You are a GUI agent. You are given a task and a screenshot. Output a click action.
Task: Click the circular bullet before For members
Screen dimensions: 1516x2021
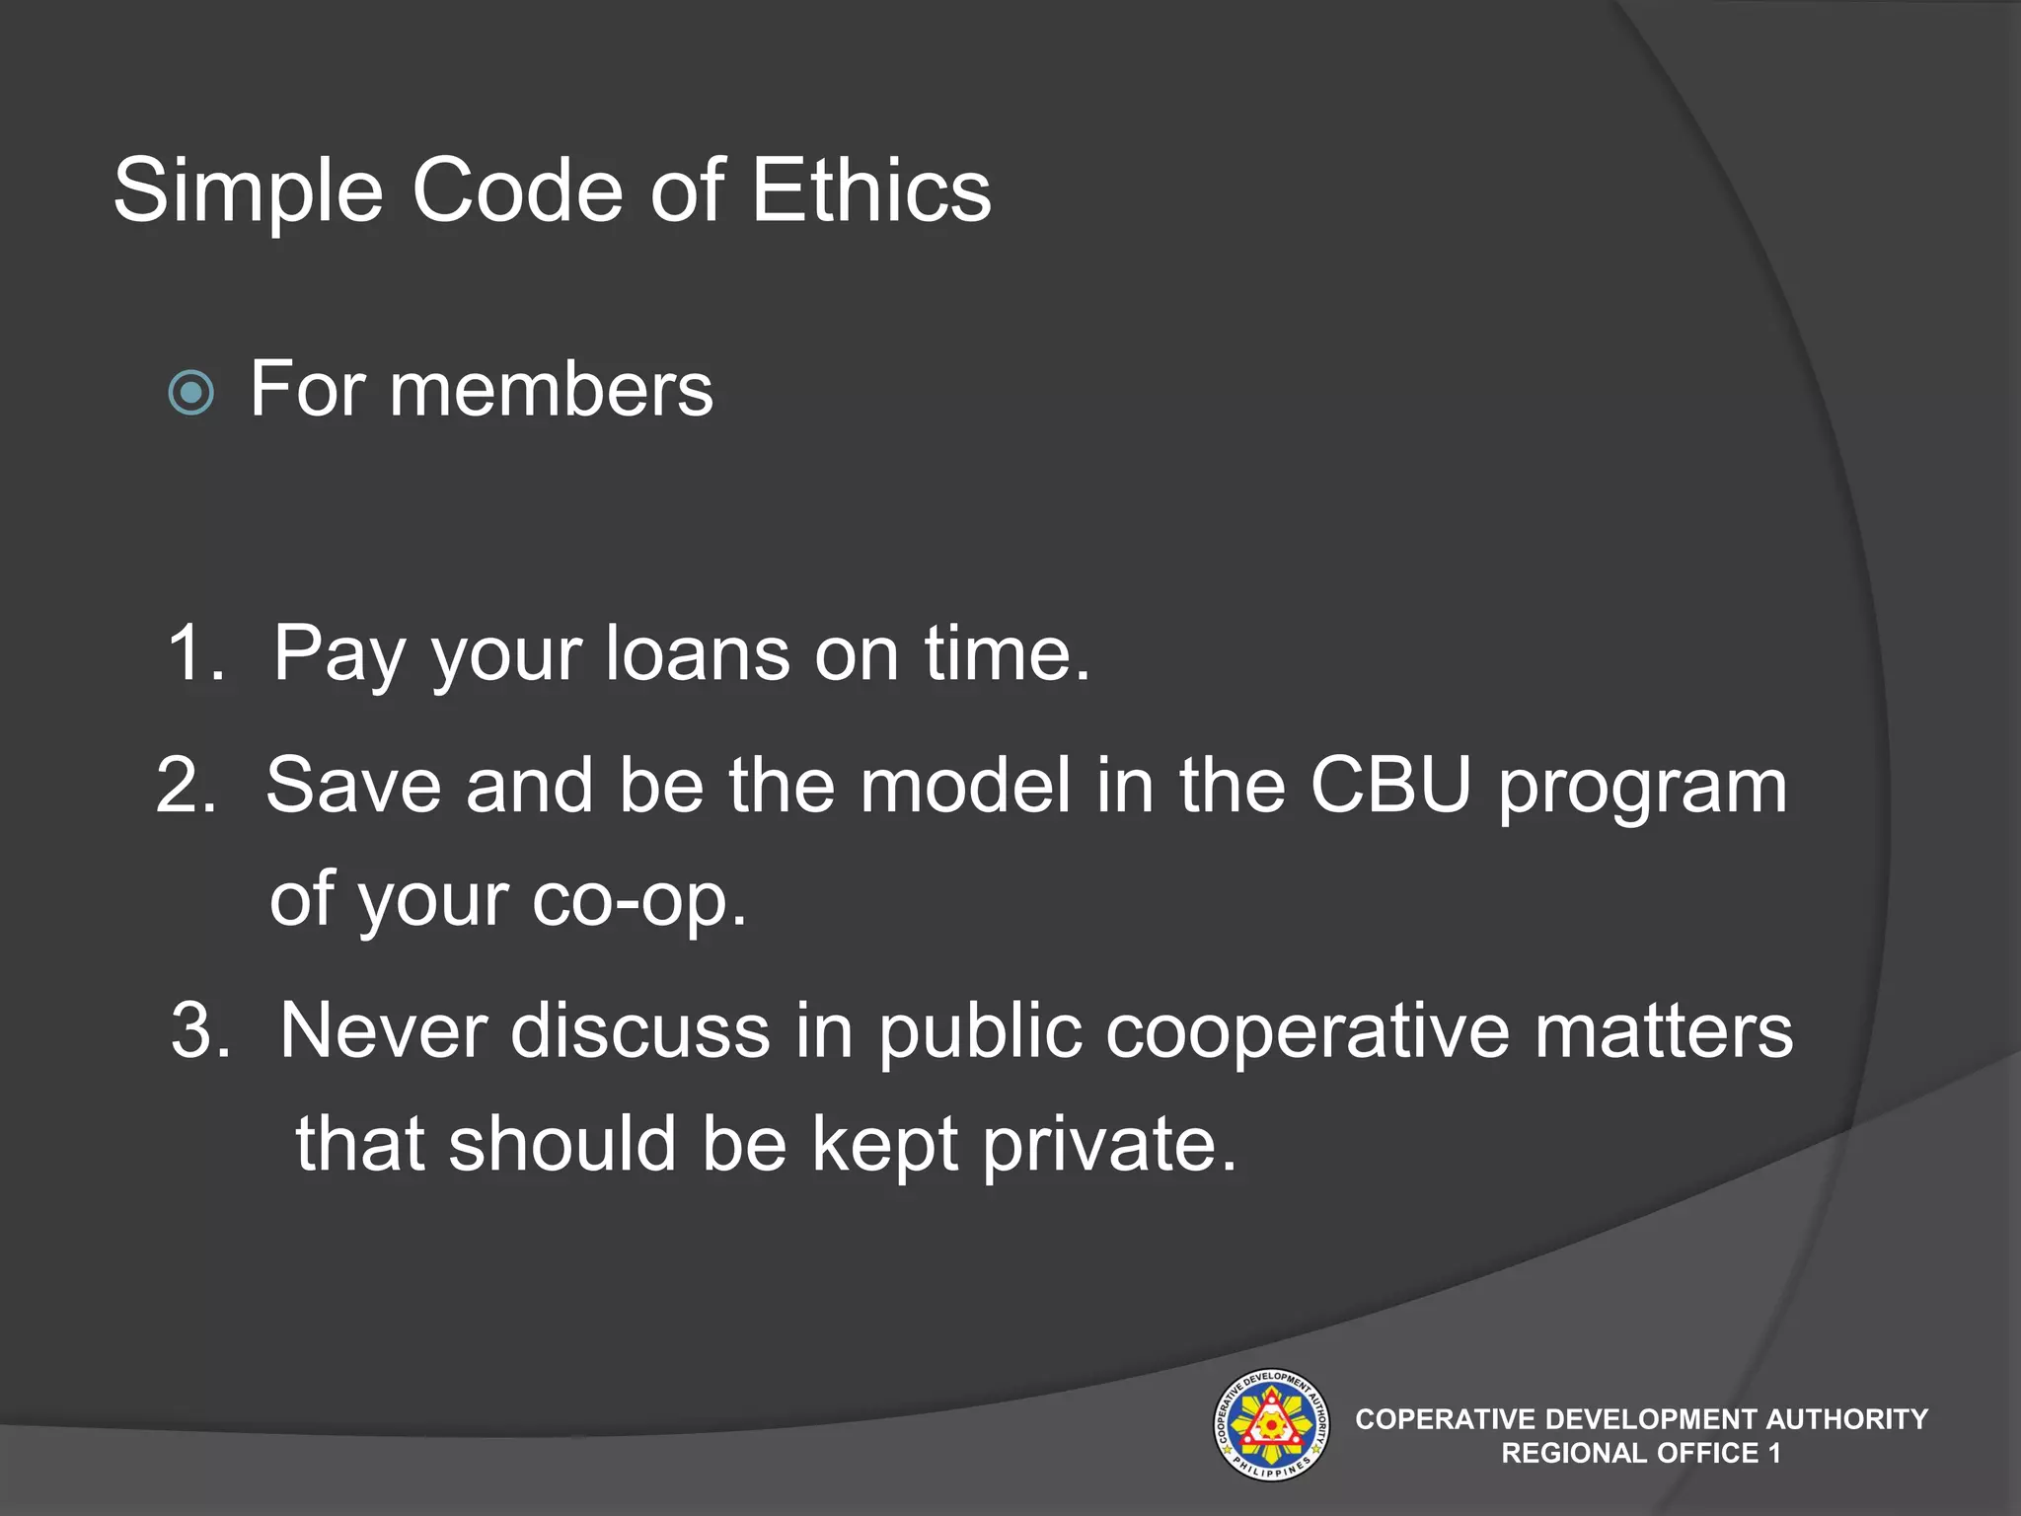point(191,393)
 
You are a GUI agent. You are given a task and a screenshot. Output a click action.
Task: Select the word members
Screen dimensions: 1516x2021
point(551,390)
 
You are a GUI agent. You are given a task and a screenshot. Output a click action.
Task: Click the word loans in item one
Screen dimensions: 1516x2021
point(697,652)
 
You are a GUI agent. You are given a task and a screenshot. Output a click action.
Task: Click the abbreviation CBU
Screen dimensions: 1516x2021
point(1390,786)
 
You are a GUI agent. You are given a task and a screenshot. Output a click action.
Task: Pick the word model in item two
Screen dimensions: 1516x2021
point(964,786)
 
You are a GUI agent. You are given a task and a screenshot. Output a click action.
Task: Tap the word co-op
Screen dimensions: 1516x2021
point(636,900)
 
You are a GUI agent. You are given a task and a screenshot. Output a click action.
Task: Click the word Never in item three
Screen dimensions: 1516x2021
point(384,1030)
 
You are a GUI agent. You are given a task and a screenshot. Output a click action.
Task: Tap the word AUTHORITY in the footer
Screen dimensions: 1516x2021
point(1846,1419)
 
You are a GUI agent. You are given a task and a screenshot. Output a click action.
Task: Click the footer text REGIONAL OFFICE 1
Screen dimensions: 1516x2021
point(1640,1453)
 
